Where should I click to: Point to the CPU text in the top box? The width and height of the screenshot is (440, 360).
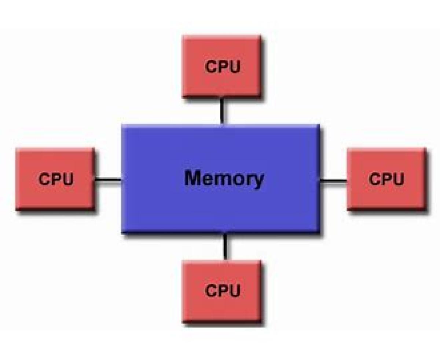[223, 67]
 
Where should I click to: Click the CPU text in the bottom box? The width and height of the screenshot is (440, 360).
[223, 290]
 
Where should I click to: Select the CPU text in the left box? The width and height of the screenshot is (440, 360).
[56, 179]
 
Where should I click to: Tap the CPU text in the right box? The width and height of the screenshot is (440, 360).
[386, 179]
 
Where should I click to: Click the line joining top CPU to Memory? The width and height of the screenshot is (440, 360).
[222, 110]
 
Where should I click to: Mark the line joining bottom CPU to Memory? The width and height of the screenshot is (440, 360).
[225, 247]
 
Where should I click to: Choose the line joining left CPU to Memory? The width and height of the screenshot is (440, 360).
[108, 180]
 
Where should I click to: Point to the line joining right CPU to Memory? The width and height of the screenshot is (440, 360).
[333, 180]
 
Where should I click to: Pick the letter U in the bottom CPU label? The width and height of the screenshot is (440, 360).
[234, 290]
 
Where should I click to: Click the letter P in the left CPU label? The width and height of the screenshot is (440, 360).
[56, 179]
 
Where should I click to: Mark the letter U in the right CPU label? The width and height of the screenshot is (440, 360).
[397, 179]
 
